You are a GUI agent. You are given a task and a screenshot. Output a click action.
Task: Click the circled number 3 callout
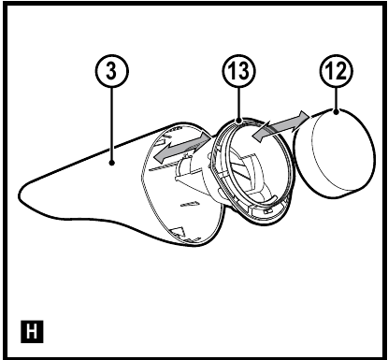[x=111, y=71]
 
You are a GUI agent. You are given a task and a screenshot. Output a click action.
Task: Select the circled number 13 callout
[x=239, y=71]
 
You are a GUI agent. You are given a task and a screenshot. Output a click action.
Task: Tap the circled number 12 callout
[x=337, y=71]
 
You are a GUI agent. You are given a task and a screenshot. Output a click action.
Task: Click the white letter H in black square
[x=32, y=331]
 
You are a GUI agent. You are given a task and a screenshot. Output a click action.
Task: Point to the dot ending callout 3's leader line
[x=111, y=163]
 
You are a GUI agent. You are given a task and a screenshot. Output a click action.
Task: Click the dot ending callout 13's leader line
[x=239, y=120]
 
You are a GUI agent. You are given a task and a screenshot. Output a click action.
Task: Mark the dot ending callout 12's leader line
[x=336, y=111]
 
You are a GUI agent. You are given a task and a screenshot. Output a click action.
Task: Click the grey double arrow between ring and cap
[x=280, y=126]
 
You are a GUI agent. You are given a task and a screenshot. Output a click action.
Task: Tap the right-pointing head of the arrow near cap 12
[x=303, y=118]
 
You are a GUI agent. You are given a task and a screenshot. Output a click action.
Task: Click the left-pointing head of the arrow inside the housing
[x=160, y=155]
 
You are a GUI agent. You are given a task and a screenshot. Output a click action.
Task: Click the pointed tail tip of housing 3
[x=20, y=194]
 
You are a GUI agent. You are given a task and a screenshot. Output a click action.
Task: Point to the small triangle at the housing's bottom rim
[x=178, y=232]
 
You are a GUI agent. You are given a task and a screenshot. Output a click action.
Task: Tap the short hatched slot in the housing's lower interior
[x=190, y=204]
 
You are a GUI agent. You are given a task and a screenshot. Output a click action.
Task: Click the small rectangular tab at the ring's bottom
[x=266, y=211]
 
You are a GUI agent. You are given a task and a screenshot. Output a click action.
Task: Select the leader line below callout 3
[x=111, y=124]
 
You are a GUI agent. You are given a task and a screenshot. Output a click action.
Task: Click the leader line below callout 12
[x=336, y=98]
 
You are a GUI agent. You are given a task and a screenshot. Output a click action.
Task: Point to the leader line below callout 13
[x=239, y=103]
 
